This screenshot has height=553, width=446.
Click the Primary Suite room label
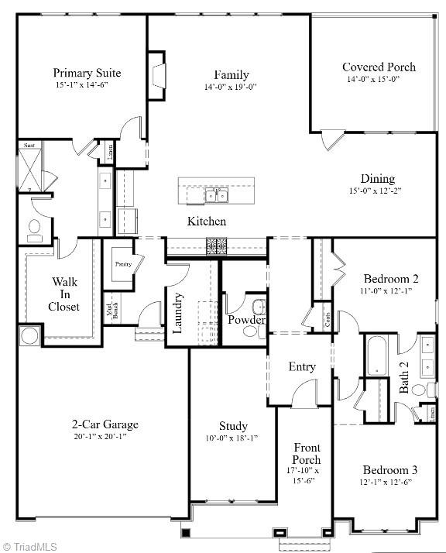point(87,73)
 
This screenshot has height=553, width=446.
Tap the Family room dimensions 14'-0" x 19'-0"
point(231,88)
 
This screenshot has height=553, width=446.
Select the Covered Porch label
point(379,67)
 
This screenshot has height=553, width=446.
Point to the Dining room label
point(377,178)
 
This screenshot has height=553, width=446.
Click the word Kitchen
point(207,222)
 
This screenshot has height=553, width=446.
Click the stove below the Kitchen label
point(215,246)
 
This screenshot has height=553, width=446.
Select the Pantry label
point(123,264)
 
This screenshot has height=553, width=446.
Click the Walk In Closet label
point(65,294)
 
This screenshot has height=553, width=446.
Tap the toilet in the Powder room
point(250,331)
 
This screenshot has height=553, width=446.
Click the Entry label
point(302,366)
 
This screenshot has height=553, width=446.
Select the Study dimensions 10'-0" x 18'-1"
point(233,438)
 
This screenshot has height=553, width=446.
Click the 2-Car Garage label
point(105,424)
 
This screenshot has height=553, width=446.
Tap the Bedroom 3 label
point(391,469)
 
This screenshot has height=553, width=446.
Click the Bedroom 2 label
point(391,279)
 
